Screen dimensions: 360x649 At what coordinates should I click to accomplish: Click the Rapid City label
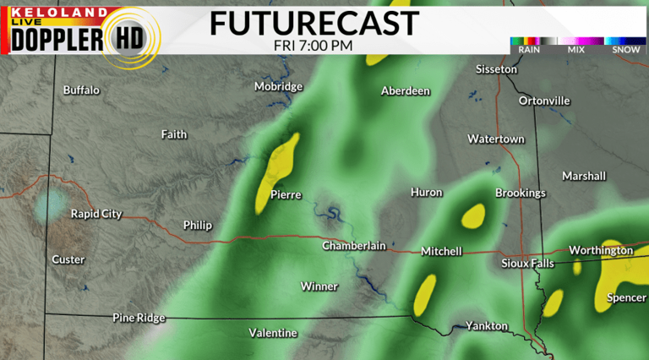(95, 214)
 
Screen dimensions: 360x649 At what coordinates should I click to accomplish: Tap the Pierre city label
(286, 194)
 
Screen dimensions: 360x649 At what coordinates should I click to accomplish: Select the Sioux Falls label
(527, 263)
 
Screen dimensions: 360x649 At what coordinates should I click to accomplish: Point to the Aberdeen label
(406, 91)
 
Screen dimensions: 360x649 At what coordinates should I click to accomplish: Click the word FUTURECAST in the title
(314, 23)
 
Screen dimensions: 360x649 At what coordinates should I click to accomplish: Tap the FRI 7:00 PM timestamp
(314, 45)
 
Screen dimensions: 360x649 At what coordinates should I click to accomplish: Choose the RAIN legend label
(529, 50)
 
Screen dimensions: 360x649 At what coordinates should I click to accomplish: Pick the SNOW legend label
(625, 50)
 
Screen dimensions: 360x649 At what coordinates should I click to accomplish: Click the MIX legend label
(576, 50)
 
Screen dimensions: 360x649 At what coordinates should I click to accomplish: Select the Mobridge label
(279, 86)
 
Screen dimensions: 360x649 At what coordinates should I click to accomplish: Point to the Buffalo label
(81, 90)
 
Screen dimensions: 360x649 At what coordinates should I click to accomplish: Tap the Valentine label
(273, 333)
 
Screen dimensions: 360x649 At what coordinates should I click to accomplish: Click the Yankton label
(487, 325)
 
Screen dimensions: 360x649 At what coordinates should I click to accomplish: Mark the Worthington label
(601, 250)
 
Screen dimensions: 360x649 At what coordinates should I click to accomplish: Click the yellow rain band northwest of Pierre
(278, 169)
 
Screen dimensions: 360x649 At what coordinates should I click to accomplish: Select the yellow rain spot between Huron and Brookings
(474, 215)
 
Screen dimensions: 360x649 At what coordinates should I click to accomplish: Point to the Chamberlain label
(354, 246)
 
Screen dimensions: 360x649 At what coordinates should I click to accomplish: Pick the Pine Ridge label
(139, 318)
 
